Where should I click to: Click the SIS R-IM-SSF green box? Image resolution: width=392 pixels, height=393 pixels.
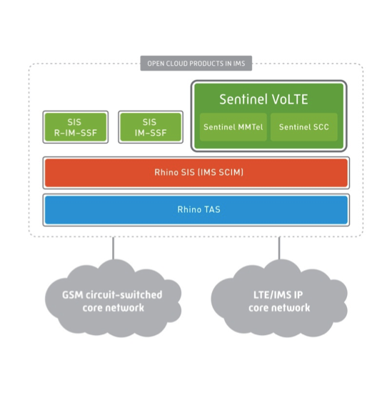coord(75,127)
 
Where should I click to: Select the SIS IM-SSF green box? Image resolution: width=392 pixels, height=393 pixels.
coord(149,127)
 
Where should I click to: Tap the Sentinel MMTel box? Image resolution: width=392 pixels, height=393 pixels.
coord(233,127)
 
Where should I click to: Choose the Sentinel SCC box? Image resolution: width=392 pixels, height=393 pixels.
coord(303,127)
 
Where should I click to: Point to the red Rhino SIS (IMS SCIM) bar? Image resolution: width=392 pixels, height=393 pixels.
coord(196,172)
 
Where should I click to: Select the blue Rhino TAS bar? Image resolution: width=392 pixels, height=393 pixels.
coord(196,209)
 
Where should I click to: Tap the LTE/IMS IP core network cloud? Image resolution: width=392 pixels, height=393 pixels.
coord(279,301)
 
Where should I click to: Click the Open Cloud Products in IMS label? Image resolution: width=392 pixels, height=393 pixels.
coord(196,64)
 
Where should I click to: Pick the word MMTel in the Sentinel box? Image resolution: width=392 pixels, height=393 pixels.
coord(246,127)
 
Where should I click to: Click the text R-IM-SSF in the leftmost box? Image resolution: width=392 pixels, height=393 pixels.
coord(75,132)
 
